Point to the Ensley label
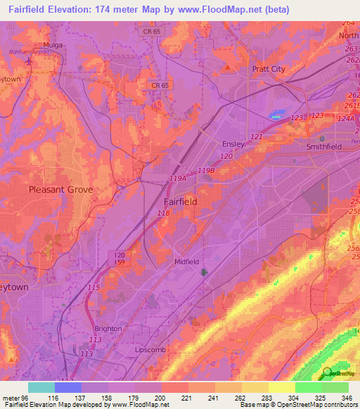pyautogui.click(x=233, y=144)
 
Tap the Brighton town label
pyautogui.click(x=108, y=328)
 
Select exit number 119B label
pyautogui.click(x=206, y=170)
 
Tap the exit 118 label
pyautogui.click(x=163, y=213)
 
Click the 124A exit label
pyautogui.click(x=346, y=118)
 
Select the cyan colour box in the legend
pyautogui.click(x=41, y=387)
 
